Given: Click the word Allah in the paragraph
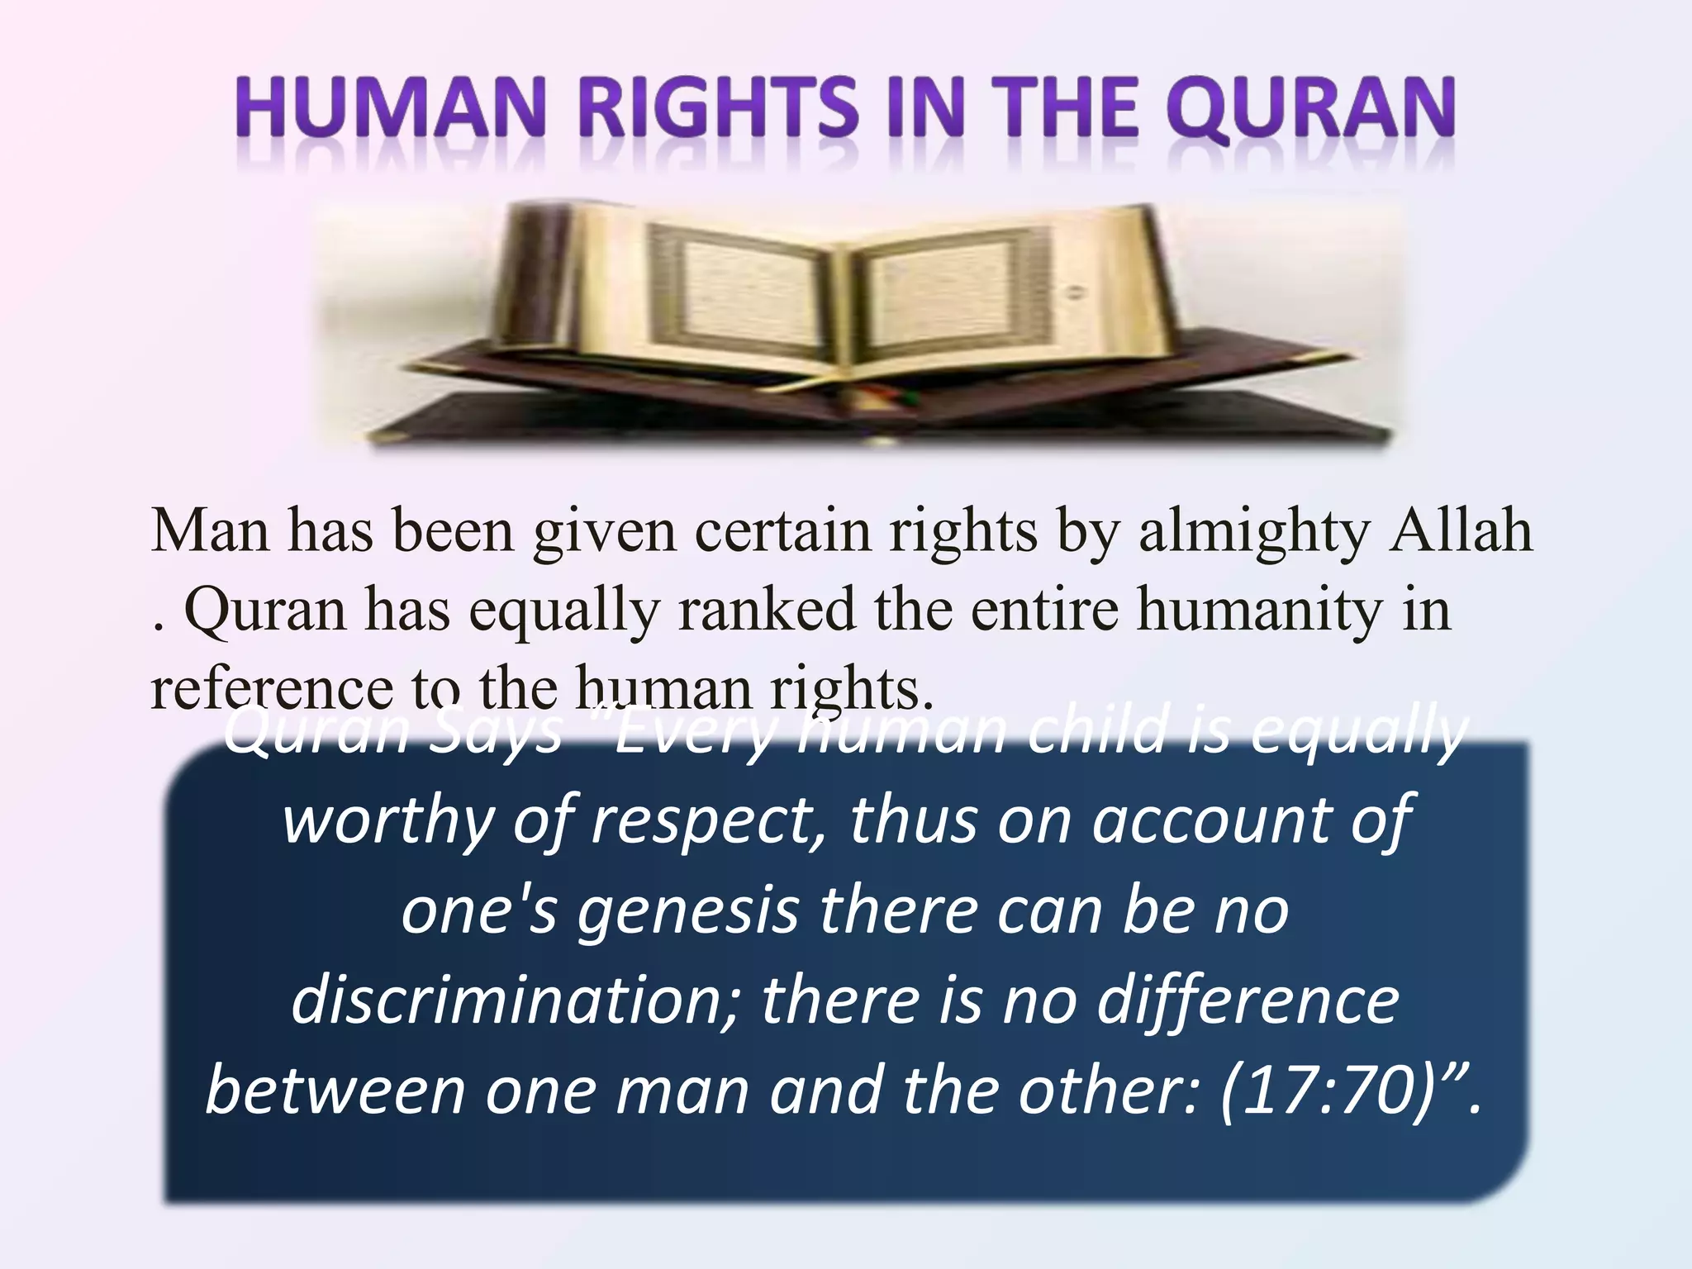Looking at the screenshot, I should pyautogui.click(x=1461, y=530).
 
